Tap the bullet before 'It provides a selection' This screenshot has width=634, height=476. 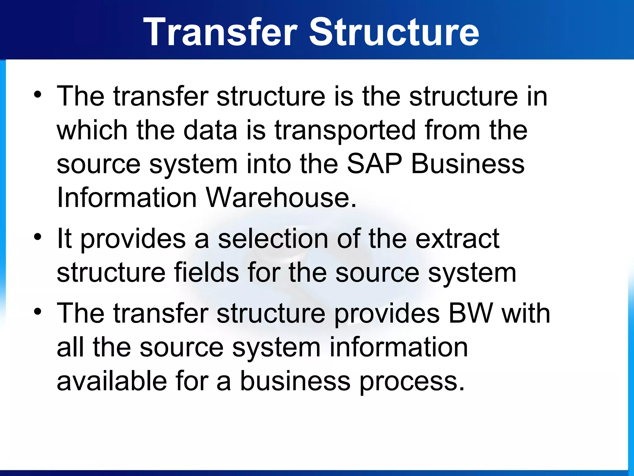[x=37, y=237]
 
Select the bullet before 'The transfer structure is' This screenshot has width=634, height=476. [x=37, y=95]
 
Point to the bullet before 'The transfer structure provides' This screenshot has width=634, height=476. [x=37, y=311]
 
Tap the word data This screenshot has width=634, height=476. [x=210, y=130]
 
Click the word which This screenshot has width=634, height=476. [x=92, y=130]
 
